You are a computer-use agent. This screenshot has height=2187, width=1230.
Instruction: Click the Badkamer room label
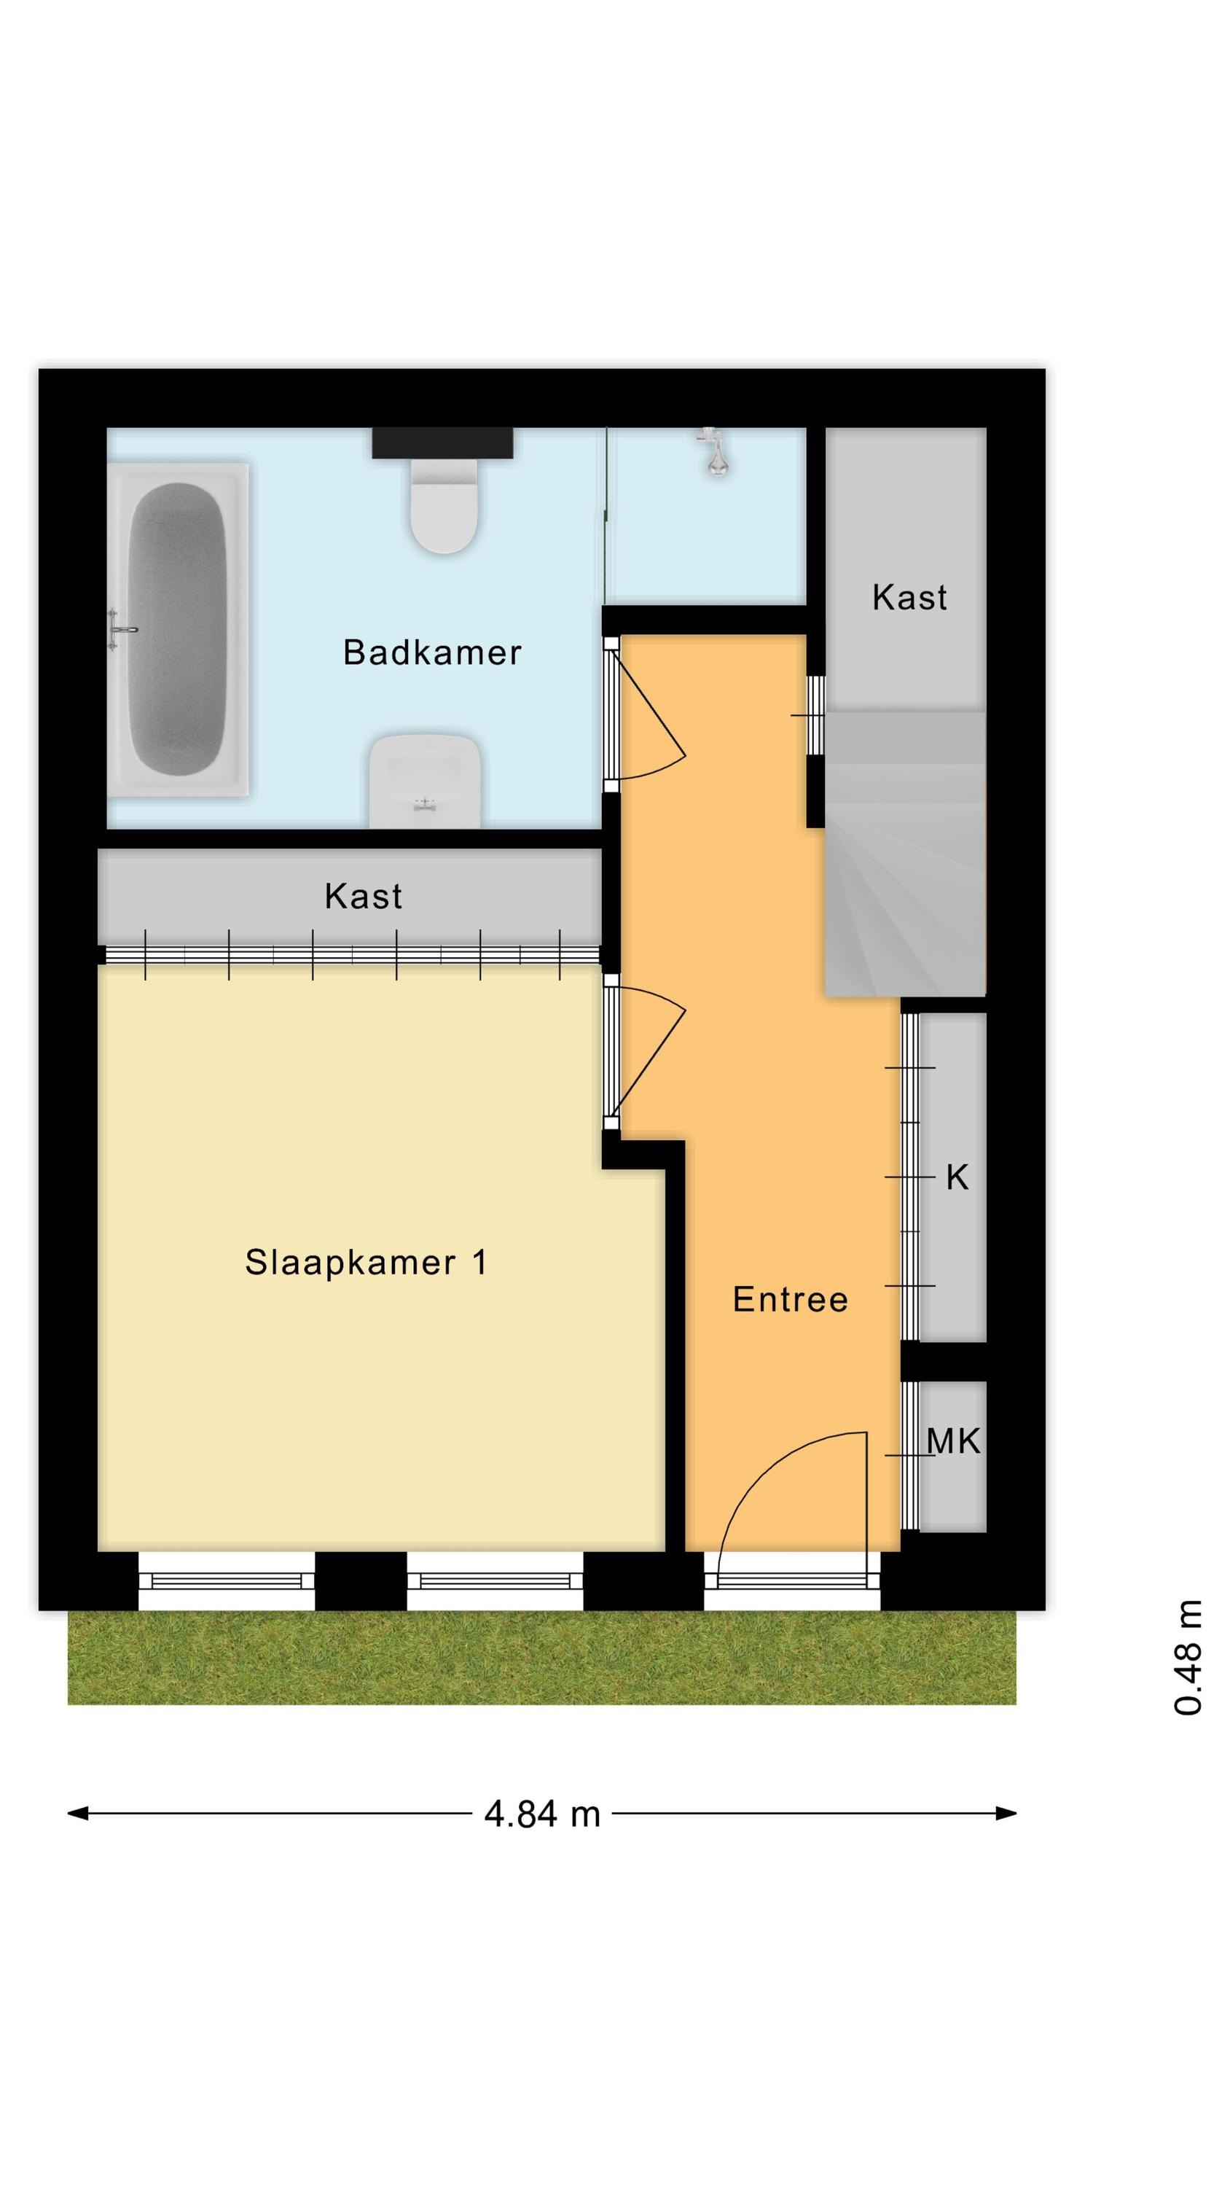(431, 652)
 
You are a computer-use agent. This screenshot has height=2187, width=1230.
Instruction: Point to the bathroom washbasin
(424, 781)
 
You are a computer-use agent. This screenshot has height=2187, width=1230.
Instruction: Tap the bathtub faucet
(122, 629)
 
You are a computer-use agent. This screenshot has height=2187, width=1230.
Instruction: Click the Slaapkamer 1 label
(366, 1263)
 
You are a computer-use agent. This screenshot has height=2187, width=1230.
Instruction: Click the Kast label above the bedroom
(364, 896)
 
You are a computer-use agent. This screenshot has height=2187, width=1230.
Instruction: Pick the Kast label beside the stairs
(909, 597)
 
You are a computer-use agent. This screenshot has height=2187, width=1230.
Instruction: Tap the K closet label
(957, 1177)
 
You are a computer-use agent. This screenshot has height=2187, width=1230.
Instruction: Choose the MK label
(953, 1441)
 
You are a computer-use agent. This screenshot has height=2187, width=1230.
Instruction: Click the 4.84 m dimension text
(542, 1814)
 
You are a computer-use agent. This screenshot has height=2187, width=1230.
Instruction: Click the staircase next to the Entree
(905, 852)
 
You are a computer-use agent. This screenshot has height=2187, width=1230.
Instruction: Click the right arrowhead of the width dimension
(1007, 1814)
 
